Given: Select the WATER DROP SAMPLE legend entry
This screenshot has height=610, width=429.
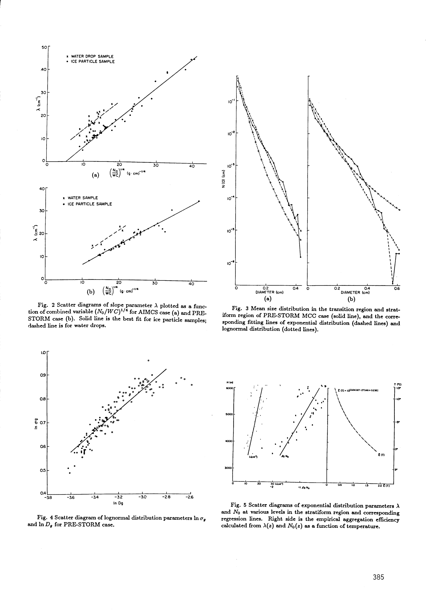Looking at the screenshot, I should tap(92, 57).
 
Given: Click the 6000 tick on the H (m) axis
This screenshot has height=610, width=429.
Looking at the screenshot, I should tap(230, 388).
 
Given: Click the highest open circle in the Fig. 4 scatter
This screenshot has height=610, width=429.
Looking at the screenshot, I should tap(148, 361).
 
